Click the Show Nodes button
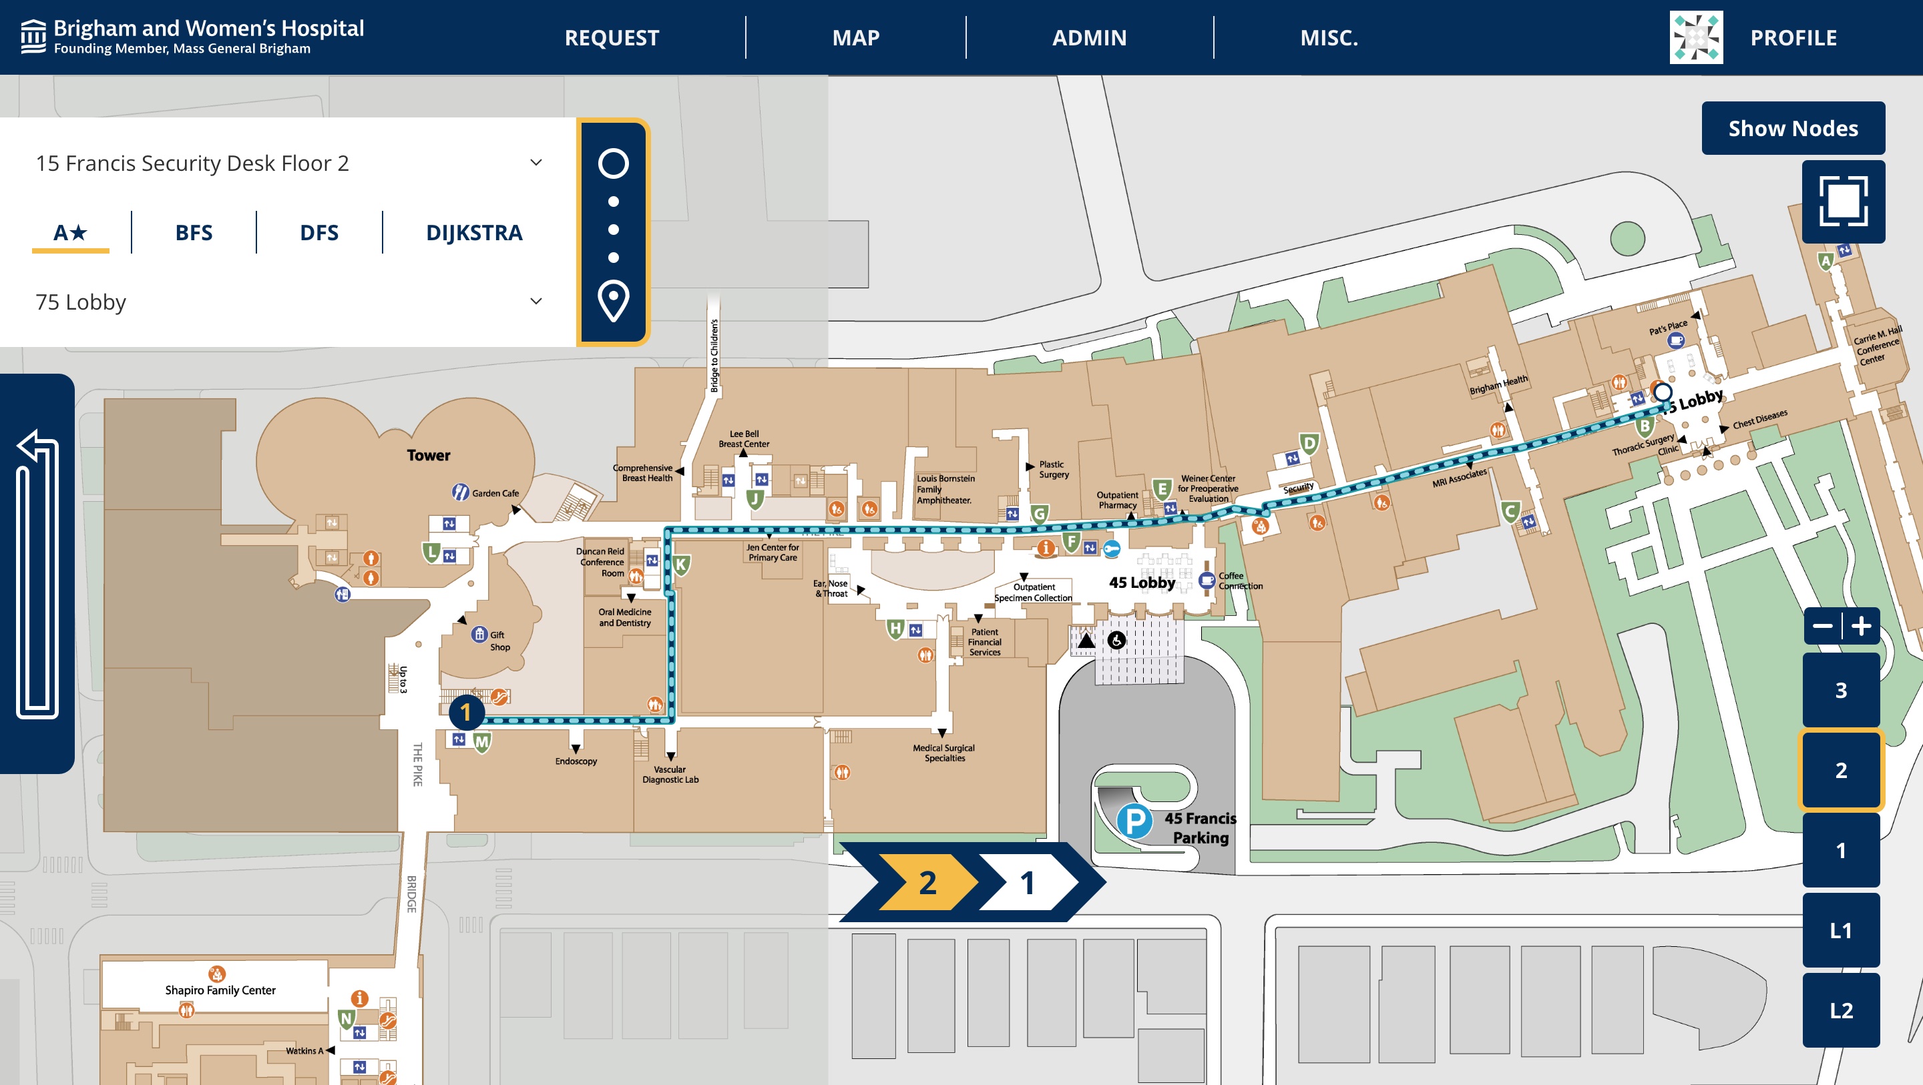tap(1792, 128)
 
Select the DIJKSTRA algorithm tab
tap(474, 233)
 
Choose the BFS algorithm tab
tap(194, 233)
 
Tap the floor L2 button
tap(1840, 1010)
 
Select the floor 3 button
tap(1840, 690)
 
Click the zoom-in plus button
tap(1861, 625)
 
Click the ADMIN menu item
tap(1088, 37)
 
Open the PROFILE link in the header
tap(1792, 37)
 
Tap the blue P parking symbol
tap(1134, 821)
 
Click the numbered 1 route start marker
tap(466, 713)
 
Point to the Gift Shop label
tap(499, 641)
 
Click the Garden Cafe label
tap(495, 493)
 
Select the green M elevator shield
tap(482, 742)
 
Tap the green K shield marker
tap(680, 565)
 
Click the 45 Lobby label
tap(1141, 583)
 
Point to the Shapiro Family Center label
tap(220, 990)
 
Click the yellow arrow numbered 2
tap(927, 883)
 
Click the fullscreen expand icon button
tap(1842, 202)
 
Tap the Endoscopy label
tap(576, 761)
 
